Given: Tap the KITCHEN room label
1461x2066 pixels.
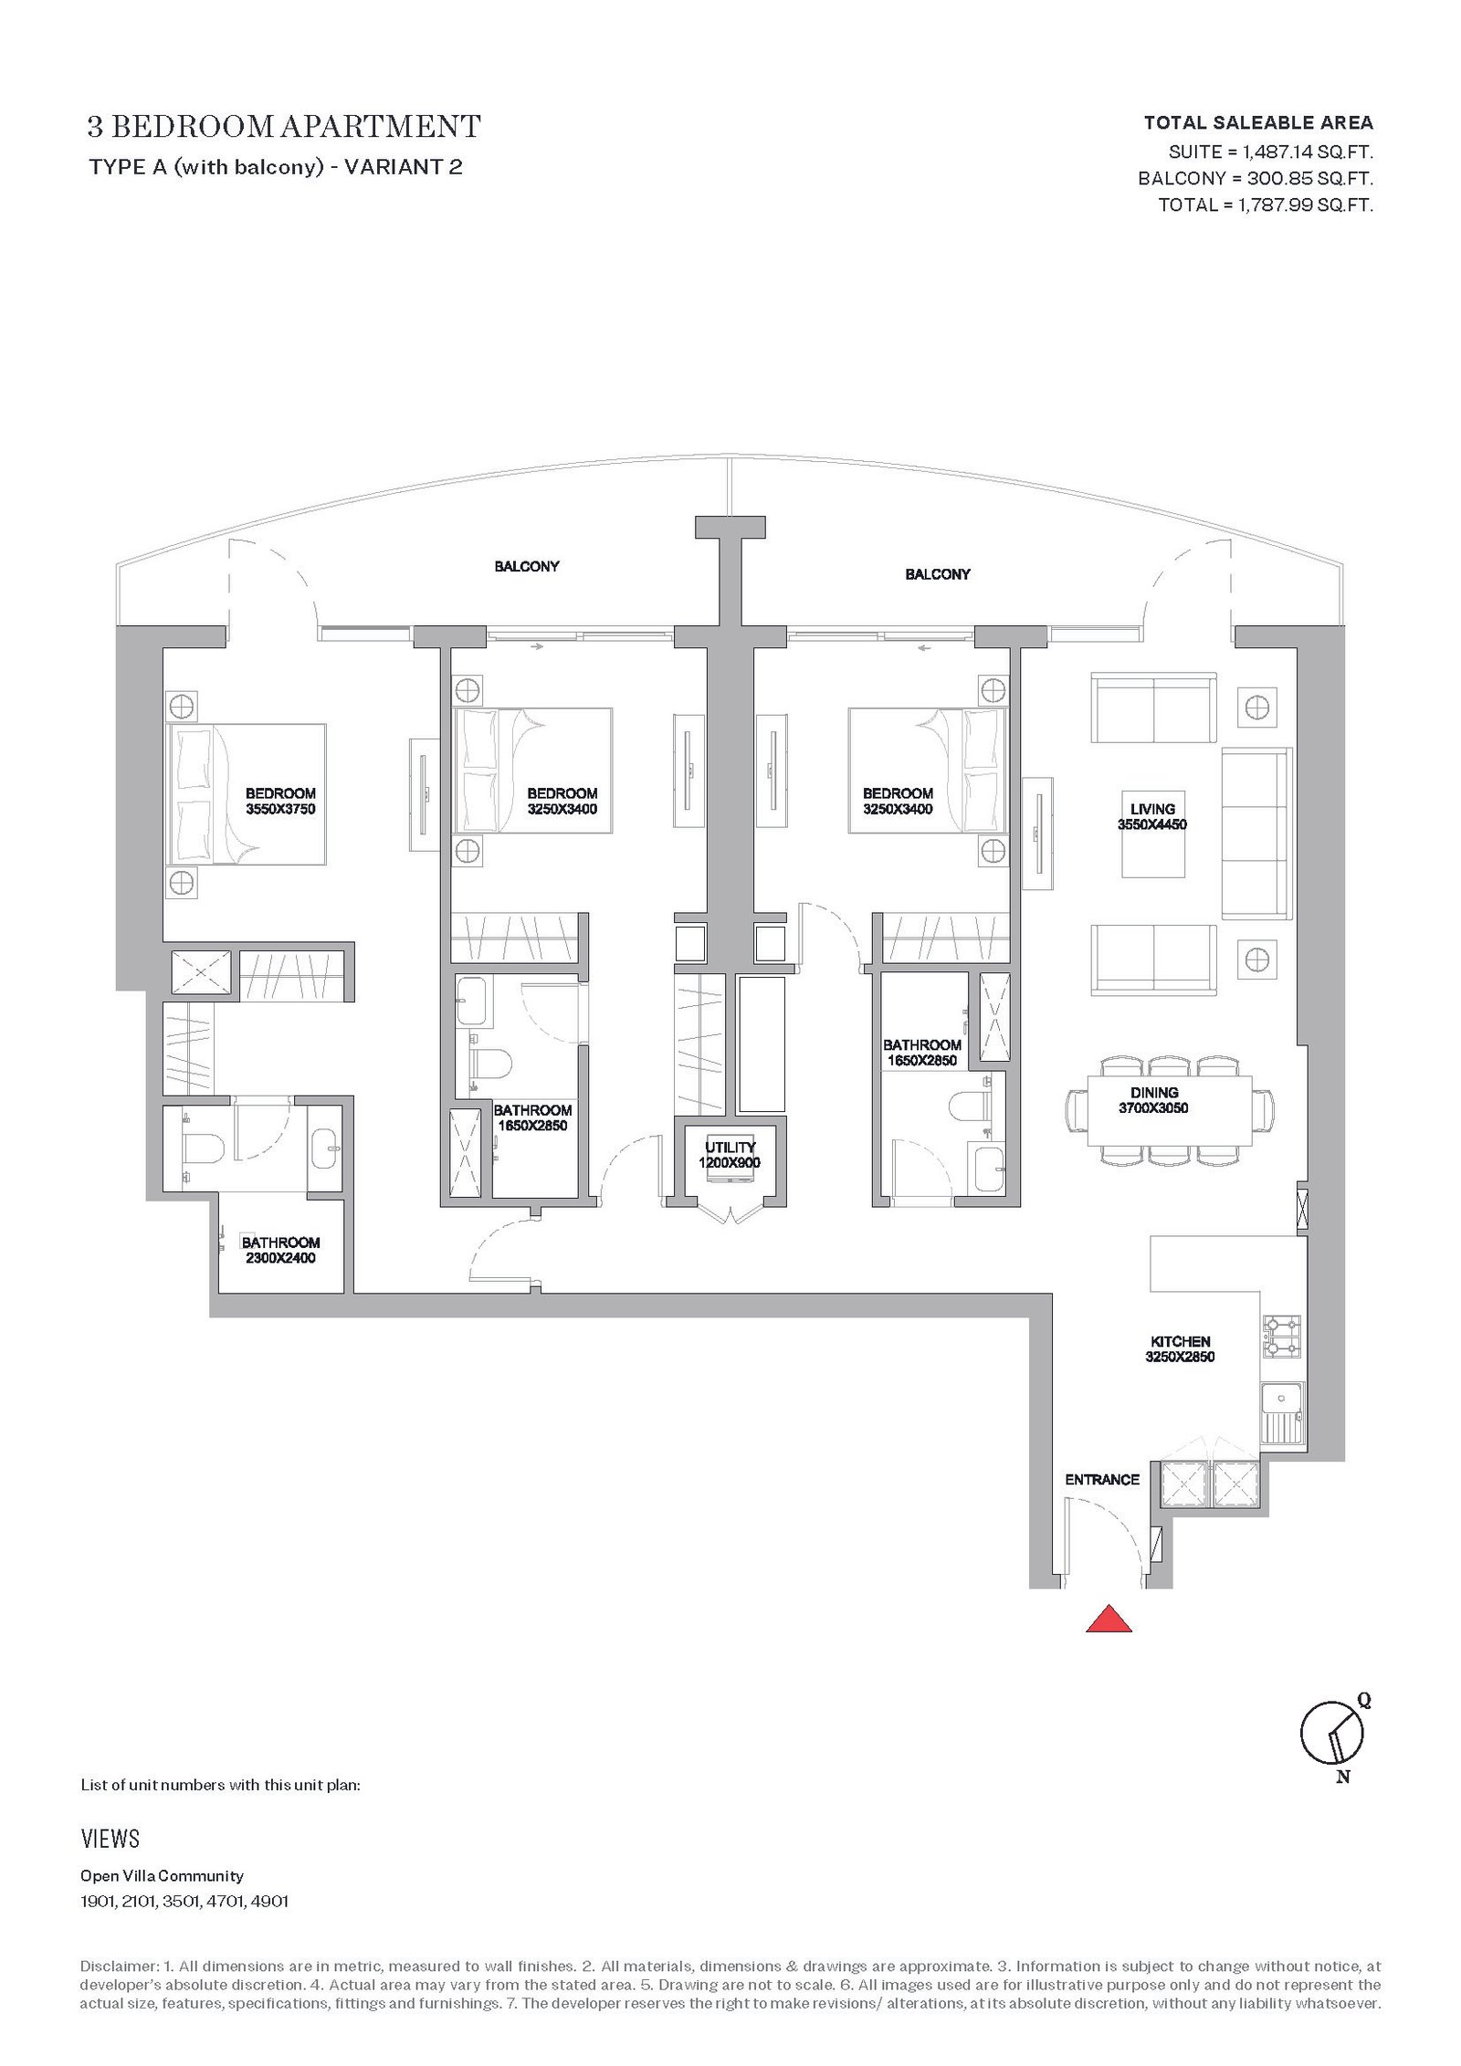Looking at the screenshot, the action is (1180, 1341).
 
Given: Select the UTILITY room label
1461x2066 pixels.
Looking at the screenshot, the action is (730, 1148).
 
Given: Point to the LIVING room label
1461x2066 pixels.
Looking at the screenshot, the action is (1152, 809).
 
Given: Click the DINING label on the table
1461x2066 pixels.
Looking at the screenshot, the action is (1154, 1093).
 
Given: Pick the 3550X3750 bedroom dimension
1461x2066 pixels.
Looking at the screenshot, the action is (280, 809).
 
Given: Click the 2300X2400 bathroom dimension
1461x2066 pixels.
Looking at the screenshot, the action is (280, 1258).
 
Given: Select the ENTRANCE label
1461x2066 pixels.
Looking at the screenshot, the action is (1101, 1479).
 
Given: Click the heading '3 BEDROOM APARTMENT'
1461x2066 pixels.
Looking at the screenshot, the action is (284, 126).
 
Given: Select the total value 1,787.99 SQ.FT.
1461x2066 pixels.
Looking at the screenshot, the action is (1306, 205).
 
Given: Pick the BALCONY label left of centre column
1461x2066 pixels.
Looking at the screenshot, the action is (527, 566).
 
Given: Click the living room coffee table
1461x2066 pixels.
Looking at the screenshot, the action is (1153, 834).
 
